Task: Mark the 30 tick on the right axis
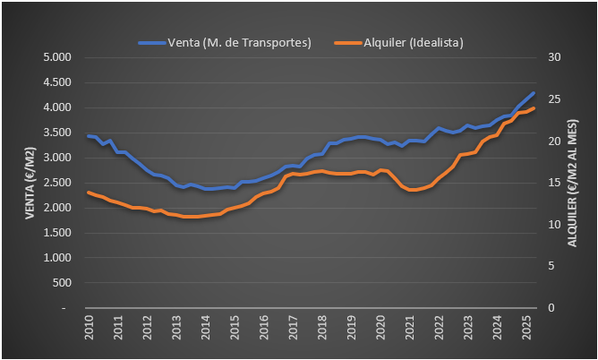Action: click(x=552, y=57)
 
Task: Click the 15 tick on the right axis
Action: click(x=552, y=183)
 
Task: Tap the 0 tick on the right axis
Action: click(x=550, y=308)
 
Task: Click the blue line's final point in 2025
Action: click(x=534, y=93)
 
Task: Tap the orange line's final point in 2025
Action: click(x=534, y=108)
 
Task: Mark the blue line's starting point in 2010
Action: click(x=89, y=135)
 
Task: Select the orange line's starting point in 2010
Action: click(x=89, y=192)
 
